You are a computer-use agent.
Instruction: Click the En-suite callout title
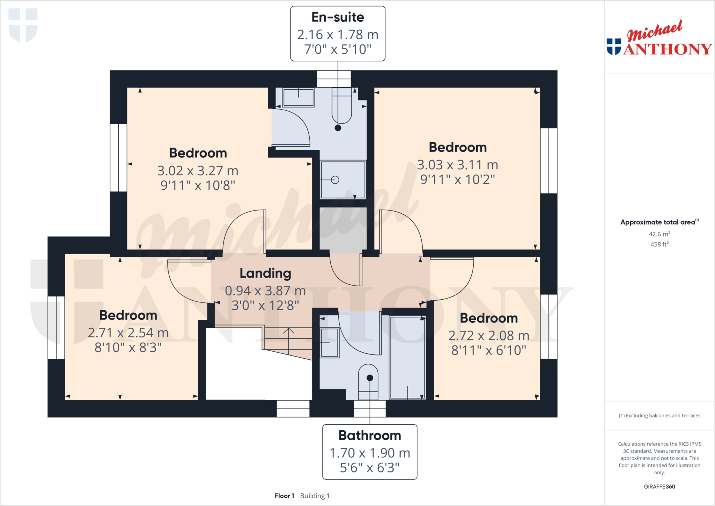tap(338, 17)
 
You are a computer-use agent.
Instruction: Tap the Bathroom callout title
tap(370, 435)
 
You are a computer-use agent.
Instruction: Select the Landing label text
tap(265, 273)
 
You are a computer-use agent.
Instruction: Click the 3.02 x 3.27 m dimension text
tap(198, 171)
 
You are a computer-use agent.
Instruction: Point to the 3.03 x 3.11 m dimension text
tap(457, 165)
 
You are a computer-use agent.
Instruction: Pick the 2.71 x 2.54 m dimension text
tap(128, 333)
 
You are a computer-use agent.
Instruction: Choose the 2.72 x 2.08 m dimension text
tap(489, 336)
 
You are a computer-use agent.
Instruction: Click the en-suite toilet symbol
tap(341, 107)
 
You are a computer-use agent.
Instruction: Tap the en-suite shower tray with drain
tap(343, 180)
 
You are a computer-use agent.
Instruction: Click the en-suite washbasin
tap(298, 97)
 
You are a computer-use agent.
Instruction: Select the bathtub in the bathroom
tap(407, 357)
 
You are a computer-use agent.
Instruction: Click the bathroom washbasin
tap(329, 343)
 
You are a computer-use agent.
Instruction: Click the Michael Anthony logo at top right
tap(659, 38)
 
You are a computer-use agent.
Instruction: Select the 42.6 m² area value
tap(659, 234)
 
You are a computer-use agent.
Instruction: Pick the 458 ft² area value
tap(659, 244)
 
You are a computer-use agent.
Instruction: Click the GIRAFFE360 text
tap(659, 486)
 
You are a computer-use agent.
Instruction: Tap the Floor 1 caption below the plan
tap(284, 496)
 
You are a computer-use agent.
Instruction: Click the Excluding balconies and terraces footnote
tap(659, 416)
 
